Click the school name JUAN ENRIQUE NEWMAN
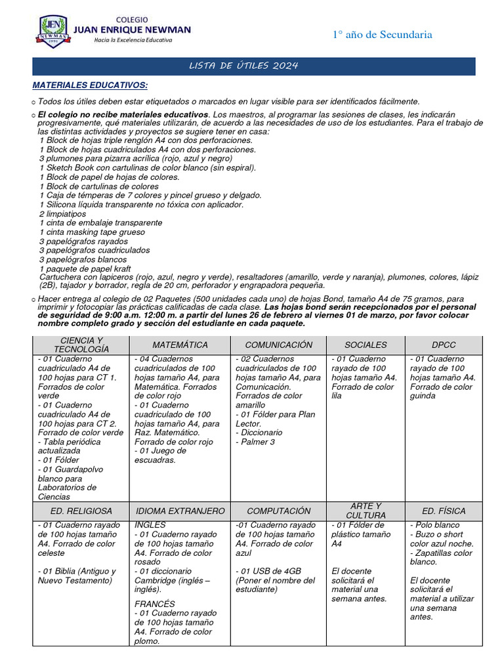[133, 30]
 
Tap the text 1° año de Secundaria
[382, 35]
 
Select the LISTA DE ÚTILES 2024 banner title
[243, 66]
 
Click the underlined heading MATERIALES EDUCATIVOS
[90, 86]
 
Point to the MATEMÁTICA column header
[180, 345]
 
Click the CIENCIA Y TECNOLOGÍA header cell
[81, 345]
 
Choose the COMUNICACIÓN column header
[279, 345]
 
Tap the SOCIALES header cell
[366, 345]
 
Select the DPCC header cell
[444, 345]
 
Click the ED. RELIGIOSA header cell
[81, 511]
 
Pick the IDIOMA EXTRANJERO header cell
[180, 511]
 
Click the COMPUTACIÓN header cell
[279, 511]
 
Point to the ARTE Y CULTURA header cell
[366, 511]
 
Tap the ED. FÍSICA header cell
[444, 511]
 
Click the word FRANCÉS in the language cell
[155, 604]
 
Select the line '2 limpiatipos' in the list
[62, 214]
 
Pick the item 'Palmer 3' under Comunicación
[257, 442]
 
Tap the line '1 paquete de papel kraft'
[85, 269]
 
